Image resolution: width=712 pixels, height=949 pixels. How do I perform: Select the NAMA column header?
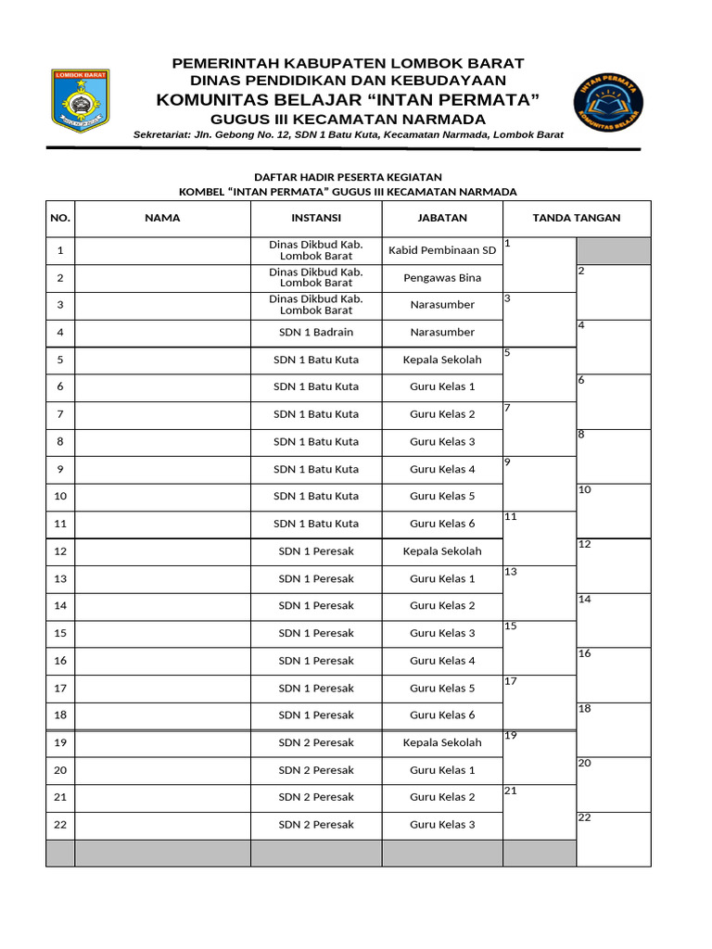(x=162, y=218)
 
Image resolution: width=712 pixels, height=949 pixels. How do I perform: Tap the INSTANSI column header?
(x=316, y=218)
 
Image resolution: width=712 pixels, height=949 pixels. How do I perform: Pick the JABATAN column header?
(x=442, y=218)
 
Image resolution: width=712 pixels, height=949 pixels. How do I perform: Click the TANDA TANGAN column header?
(x=576, y=218)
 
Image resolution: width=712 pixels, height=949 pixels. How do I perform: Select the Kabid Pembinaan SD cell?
(x=442, y=250)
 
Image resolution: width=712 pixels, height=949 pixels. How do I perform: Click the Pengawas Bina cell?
(x=442, y=277)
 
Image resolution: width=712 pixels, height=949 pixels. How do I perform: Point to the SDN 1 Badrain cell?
(x=316, y=332)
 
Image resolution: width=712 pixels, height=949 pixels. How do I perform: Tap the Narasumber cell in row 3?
(x=442, y=304)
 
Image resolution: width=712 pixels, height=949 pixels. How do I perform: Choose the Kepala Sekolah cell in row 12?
(x=442, y=550)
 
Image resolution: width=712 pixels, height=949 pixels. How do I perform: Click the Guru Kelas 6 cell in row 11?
(x=442, y=524)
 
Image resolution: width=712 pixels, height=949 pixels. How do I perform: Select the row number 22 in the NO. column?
(x=60, y=825)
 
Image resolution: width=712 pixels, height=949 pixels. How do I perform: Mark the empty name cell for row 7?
(x=162, y=413)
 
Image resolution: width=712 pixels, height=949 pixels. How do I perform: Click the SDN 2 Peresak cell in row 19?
(x=316, y=742)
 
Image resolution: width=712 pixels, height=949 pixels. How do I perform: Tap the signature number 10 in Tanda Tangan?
(x=584, y=489)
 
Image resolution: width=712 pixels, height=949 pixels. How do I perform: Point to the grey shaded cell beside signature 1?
(x=613, y=250)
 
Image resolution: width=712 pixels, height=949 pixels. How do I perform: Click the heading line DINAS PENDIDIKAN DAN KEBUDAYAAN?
(x=348, y=81)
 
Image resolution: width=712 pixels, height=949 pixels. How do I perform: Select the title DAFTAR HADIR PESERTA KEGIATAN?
(x=348, y=177)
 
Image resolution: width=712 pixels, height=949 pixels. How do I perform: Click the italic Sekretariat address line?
(x=348, y=135)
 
